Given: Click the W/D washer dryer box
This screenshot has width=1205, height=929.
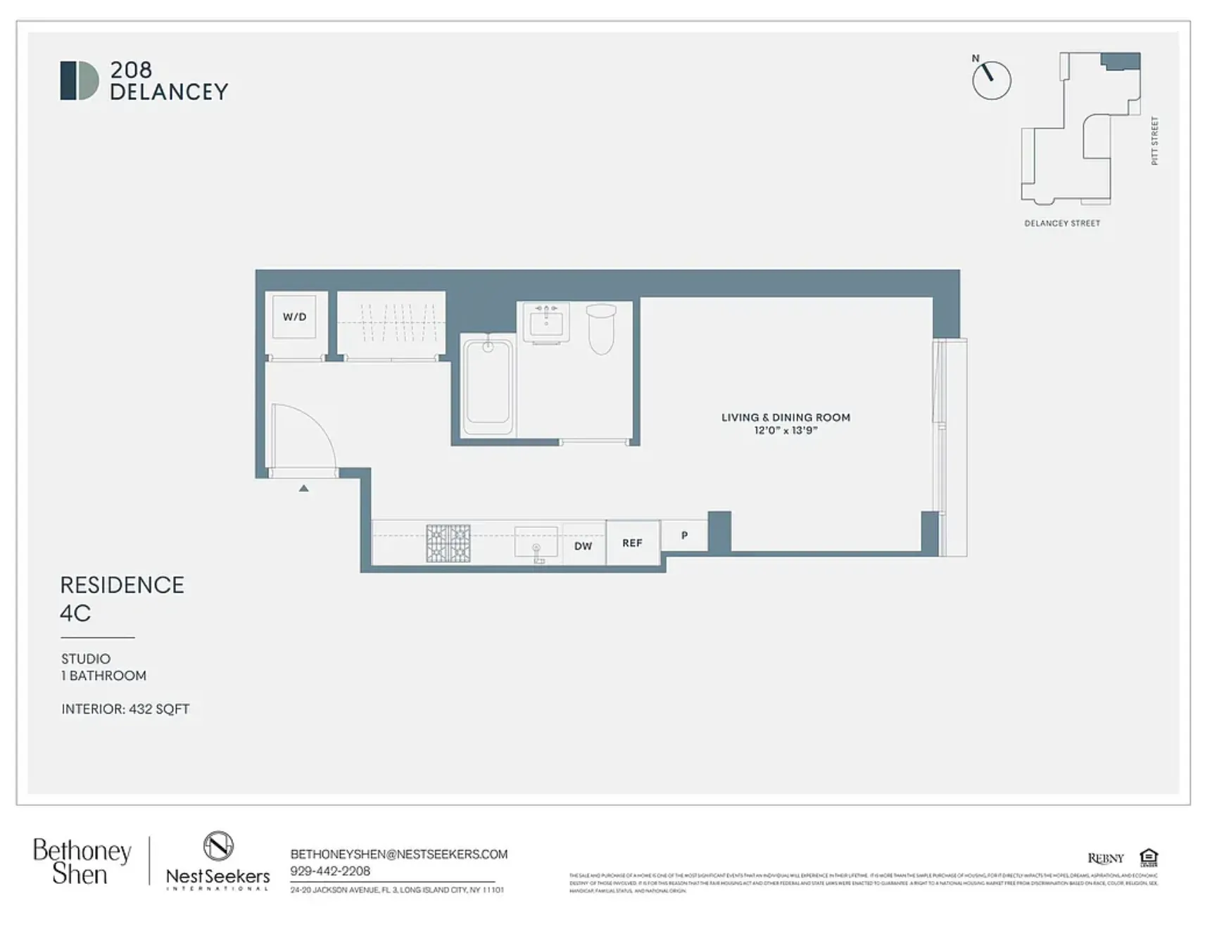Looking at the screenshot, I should click(x=294, y=317).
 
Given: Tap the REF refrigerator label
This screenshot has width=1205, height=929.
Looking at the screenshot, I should click(x=632, y=543).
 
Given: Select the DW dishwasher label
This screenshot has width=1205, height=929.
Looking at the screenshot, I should click(x=583, y=545).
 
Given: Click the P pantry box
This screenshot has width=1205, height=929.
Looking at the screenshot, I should click(x=684, y=536).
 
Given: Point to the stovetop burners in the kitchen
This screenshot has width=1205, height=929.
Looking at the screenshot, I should click(x=448, y=543).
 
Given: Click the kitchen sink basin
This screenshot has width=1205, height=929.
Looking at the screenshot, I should click(x=536, y=543).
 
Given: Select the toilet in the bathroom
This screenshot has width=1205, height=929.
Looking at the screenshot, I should click(x=601, y=329).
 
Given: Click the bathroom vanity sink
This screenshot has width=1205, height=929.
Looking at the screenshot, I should click(x=546, y=324).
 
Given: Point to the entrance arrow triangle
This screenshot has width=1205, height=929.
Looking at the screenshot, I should click(x=303, y=488).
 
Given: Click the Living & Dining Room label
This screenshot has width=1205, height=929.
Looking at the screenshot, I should click(x=786, y=417).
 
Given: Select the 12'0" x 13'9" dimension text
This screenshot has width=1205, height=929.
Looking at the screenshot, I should click(x=786, y=430).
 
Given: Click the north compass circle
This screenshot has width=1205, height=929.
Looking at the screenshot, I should click(x=991, y=80).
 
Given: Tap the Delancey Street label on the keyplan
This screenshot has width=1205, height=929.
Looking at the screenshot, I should click(x=1061, y=223).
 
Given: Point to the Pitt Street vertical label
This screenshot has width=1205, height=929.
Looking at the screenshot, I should click(x=1154, y=141).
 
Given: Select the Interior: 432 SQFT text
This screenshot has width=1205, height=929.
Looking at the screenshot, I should click(x=125, y=709).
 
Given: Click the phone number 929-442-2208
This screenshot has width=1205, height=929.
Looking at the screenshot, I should click(x=330, y=871).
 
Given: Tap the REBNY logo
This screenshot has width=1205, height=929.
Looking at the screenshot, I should click(x=1105, y=858).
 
